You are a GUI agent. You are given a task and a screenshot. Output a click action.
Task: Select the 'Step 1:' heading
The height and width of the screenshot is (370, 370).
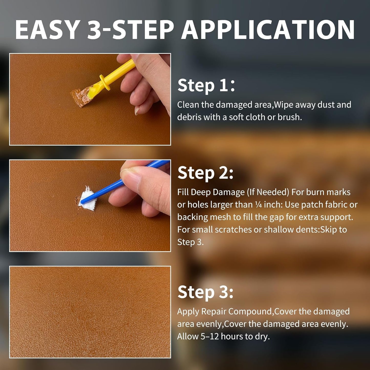click(206, 85)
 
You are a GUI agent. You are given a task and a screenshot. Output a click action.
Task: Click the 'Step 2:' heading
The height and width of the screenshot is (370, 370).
click(205, 173)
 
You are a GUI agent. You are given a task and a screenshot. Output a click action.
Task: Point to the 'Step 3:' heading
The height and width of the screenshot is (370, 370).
click(205, 292)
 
